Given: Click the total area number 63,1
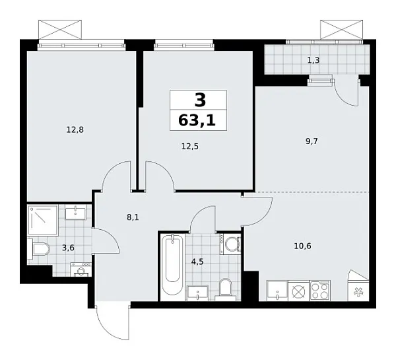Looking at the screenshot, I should point(198,121).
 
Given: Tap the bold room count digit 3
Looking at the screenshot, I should point(199,100).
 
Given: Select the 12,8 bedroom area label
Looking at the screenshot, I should point(74,129).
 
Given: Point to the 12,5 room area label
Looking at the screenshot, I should point(189,146).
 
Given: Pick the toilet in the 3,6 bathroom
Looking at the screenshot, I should point(40,250).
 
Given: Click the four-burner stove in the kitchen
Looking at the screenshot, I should point(319,291).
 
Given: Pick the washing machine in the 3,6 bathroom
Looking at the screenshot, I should point(81,270).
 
